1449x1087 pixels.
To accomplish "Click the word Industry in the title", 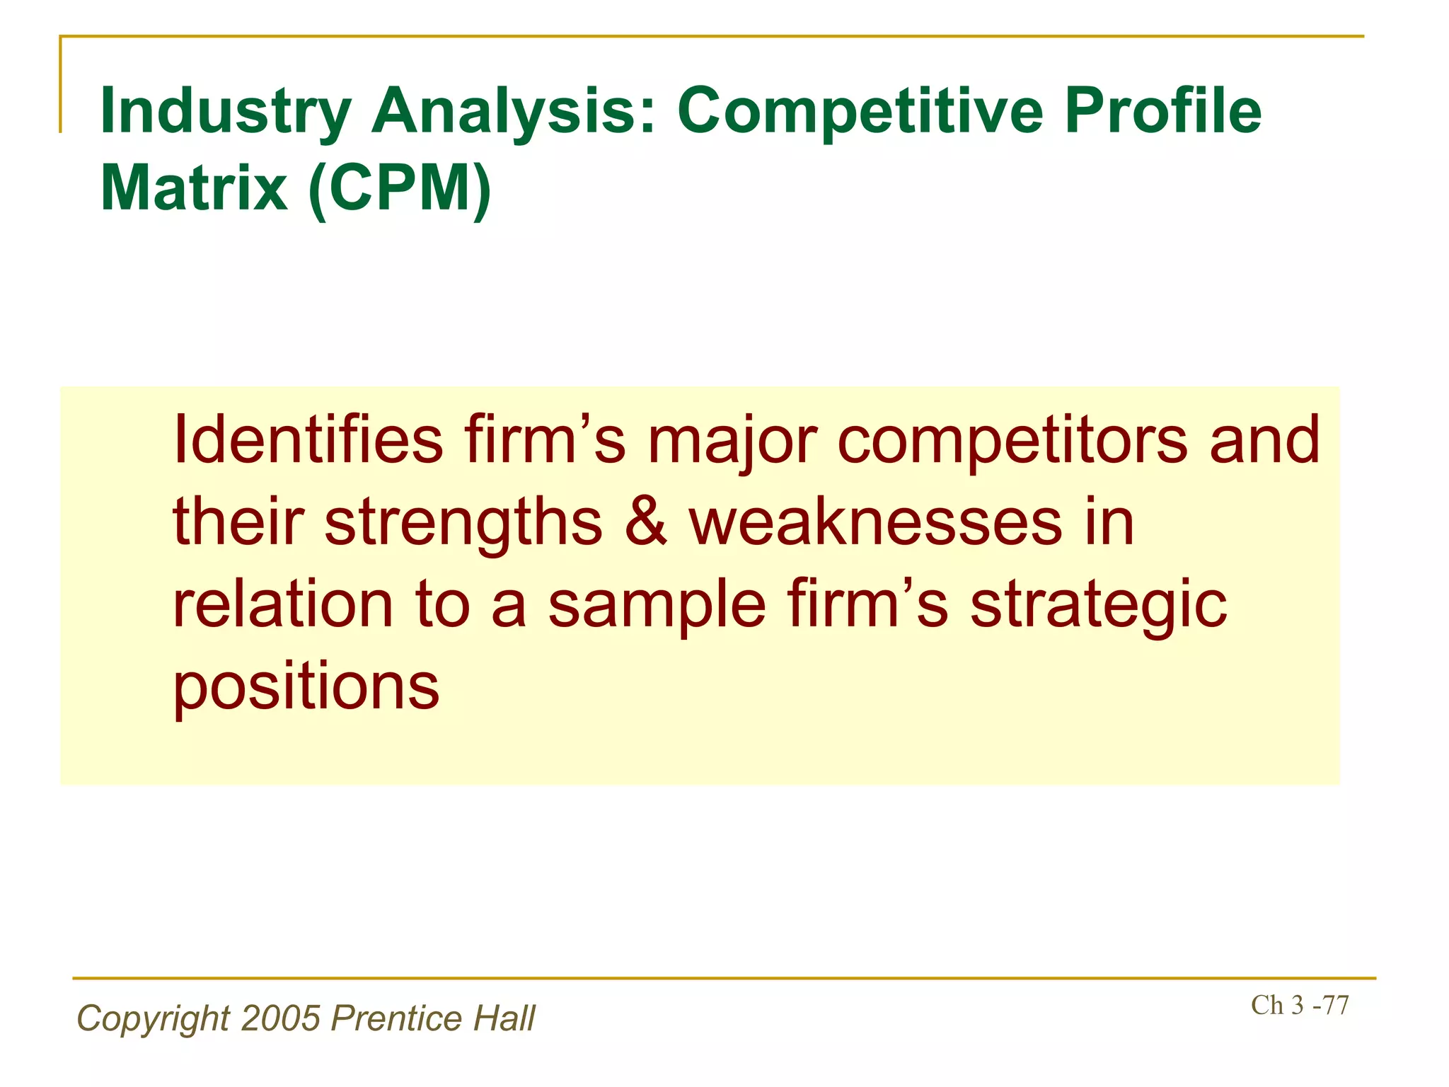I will click(226, 112).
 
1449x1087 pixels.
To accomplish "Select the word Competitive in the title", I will click(860, 112).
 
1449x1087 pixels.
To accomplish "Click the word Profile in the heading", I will click(1162, 112).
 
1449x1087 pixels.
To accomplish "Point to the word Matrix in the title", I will click(195, 188).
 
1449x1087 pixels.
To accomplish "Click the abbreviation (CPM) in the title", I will click(400, 188).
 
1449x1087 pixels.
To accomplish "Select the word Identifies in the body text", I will click(308, 440).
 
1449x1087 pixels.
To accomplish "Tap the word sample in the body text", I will click(657, 606).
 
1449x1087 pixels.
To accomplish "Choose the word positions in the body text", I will click(306, 688).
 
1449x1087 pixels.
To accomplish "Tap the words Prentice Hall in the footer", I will click(433, 1018).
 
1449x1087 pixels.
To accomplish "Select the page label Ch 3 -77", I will click(1300, 1005).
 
